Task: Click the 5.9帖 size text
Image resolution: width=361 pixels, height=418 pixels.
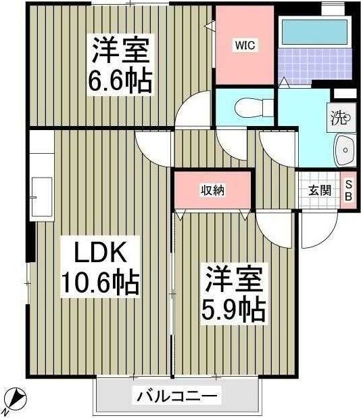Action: [232, 310]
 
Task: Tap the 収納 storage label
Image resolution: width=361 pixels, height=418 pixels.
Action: [212, 190]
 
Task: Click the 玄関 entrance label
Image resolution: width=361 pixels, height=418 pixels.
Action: [320, 190]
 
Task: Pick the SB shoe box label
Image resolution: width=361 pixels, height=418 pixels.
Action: [349, 190]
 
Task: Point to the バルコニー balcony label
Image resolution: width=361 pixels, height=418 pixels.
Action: [177, 396]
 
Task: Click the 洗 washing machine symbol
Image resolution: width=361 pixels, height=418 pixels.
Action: [339, 119]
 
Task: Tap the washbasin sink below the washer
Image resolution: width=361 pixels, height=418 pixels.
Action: [345, 149]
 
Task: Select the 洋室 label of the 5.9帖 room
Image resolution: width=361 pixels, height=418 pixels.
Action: [232, 280]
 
